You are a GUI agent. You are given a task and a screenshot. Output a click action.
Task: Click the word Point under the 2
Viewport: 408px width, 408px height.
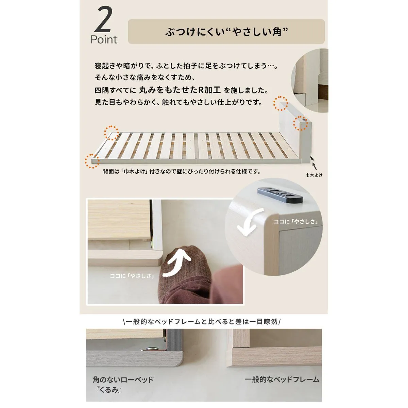tap(104, 39)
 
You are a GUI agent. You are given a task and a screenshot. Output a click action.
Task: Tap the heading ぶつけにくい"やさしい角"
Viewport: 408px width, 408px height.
tap(226, 32)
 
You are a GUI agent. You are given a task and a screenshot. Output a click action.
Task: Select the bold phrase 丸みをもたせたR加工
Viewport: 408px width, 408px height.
tap(180, 90)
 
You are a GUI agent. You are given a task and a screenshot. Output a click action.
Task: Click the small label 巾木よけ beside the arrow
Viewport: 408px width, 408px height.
tap(313, 175)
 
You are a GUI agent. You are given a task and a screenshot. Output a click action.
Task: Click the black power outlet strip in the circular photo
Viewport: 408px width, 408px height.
tap(280, 194)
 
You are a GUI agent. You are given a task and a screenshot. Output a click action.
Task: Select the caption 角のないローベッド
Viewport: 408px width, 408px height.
tap(123, 380)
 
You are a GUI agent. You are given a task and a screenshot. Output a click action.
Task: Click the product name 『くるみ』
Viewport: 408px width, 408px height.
tap(108, 390)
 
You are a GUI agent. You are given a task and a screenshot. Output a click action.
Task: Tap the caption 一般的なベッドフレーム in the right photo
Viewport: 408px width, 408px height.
tap(282, 379)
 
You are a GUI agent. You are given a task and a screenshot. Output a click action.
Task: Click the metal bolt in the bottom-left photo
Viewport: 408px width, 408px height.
tap(152, 348)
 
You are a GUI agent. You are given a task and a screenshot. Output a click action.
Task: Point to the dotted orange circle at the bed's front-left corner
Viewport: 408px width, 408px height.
tap(92, 161)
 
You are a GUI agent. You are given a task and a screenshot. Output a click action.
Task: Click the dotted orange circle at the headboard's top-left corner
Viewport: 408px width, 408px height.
tap(280, 103)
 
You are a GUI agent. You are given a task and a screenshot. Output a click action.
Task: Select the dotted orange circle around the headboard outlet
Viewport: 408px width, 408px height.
tap(301, 123)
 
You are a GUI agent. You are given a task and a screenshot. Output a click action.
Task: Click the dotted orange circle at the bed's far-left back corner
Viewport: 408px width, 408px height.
tap(112, 133)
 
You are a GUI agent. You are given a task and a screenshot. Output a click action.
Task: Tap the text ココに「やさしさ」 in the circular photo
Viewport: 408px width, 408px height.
tap(296, 221)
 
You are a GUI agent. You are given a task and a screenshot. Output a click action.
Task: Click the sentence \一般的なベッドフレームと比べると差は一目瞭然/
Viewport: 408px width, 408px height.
tap(202, 322)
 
